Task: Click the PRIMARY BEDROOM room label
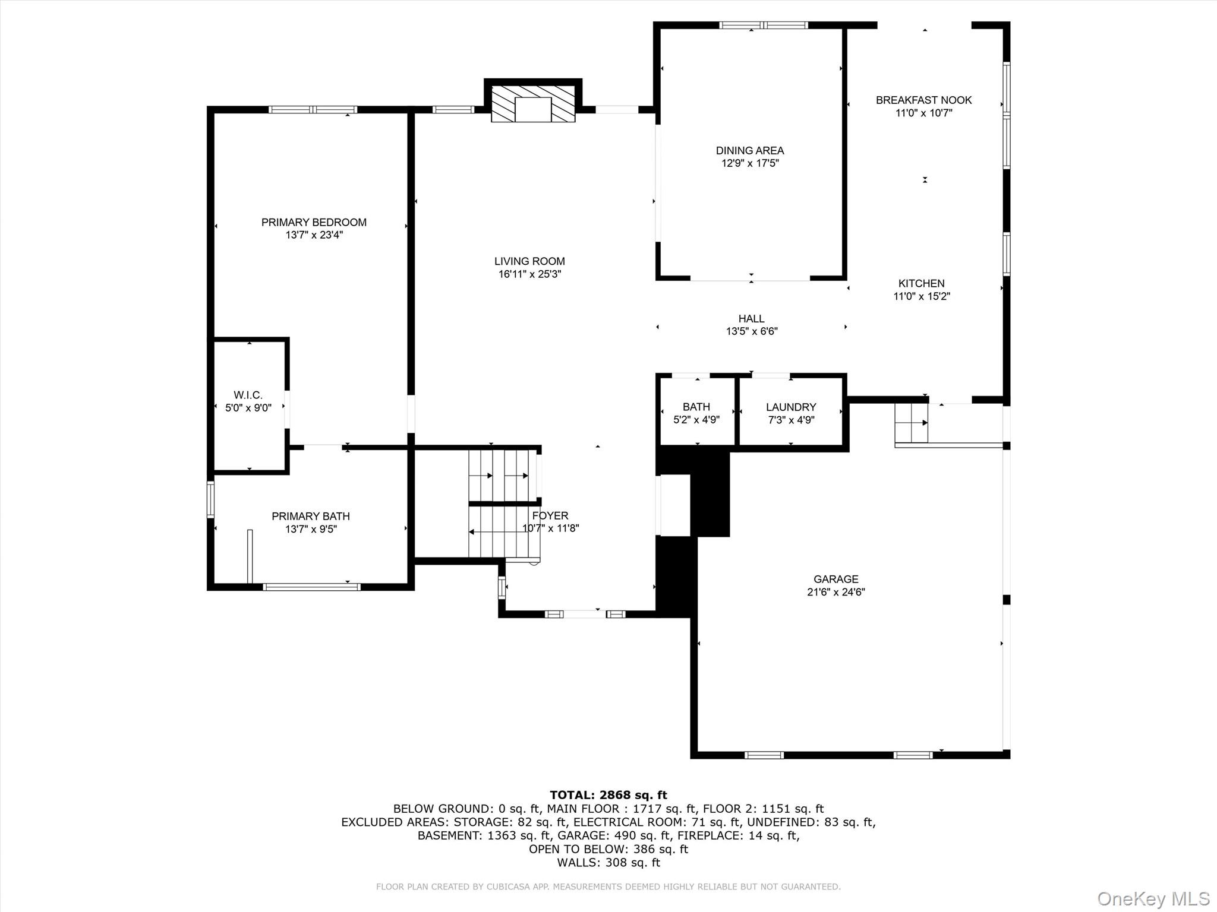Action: (x=314, y=222)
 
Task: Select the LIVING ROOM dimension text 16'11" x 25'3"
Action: (x=529, y=274)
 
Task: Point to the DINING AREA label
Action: (x=749, y=151)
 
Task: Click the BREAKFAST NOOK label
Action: (x=923, y=100)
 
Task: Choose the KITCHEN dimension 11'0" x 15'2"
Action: (x=921, y=296)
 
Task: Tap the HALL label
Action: (x=751, y=319)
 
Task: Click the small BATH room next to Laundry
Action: (x=696, y=413)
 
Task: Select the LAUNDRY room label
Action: (x=790, y=407)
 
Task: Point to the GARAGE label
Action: (x=835, y=579)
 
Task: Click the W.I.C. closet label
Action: (x=248, y=395)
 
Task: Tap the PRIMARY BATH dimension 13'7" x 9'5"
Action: (x=311, y=529)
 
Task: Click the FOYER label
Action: (x=550, y=515)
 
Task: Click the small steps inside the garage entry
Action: (x=911, y=423)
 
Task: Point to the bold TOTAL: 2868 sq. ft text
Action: (x=608, y=795)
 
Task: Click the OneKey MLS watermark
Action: (x=1153, y=898)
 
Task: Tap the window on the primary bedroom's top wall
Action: (x=313, y=109)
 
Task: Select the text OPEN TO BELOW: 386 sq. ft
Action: (x=608, y=849)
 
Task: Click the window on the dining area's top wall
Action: (x=763, y=25)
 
